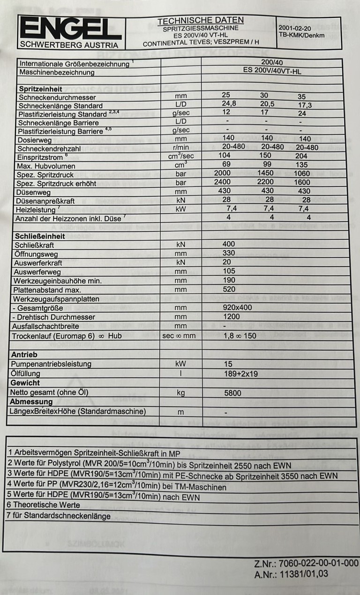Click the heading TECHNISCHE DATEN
201,20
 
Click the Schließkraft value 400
228,244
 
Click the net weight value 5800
233,392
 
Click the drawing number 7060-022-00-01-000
318,562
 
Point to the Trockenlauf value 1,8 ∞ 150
240,336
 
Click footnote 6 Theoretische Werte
43,505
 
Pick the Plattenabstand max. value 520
230,289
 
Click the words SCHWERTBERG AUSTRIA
68,45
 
